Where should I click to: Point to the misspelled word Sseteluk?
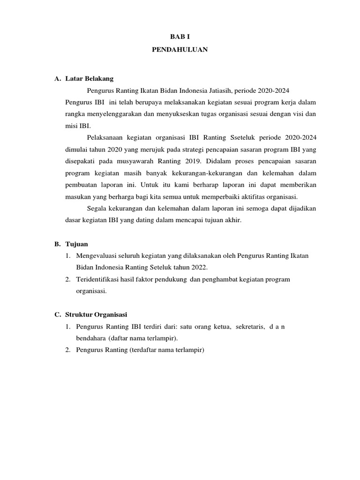pos(243,137)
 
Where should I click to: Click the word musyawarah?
pos(132,161)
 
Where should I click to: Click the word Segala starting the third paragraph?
pos(97,208)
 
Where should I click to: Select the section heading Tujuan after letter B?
pos(76,244)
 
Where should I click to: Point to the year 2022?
pos(198,267)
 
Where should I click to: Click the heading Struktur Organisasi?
pos(99,314)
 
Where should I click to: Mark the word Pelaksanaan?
pos(105,137)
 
